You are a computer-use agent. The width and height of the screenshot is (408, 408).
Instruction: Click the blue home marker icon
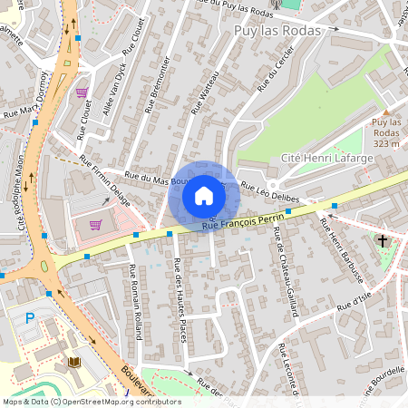click(204, 196)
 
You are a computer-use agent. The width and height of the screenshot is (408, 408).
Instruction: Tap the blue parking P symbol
click(30, 318)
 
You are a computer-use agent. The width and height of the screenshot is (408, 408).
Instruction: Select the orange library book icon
click(75, 362)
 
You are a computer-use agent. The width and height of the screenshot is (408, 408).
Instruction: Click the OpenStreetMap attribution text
click(91, 402)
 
